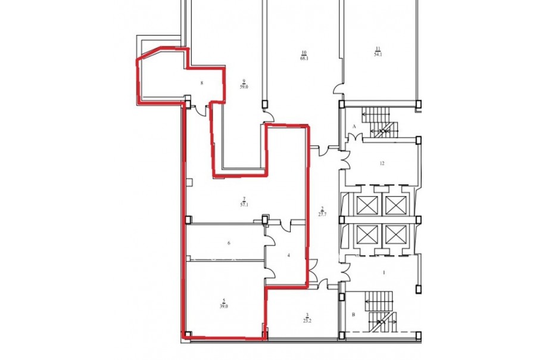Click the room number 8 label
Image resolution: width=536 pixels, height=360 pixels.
click(x=202, y=83)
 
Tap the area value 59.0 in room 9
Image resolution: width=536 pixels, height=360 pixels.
click(x=244, y=87)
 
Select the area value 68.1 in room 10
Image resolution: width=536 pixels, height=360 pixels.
click(x=304, y=58)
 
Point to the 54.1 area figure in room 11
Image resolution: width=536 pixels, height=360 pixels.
click(x=378, y=54)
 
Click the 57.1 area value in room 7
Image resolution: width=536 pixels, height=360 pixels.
click(x=244, y=204)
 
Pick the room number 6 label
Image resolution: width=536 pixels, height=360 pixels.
click(x=229, y=243)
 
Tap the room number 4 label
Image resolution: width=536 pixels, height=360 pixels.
click(x=289, y=255)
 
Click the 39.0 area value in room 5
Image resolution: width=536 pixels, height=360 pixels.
click(x=224, y=306)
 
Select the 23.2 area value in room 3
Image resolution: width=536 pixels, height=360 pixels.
click(x=307, y=321)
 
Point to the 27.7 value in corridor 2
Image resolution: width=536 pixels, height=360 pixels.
click(x=322, y=214)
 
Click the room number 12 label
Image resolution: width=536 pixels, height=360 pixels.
click(x=382, y=163)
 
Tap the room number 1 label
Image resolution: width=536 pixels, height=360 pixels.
click(x=384, y=273)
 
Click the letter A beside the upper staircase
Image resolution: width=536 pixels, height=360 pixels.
click(x=354, y=126)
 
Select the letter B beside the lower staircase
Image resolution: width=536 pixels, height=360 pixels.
click(x=353, y=314)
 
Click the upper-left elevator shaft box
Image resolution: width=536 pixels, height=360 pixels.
click(x=367, y=205)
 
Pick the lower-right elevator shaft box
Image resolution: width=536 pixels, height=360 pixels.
click(x=396, y=235)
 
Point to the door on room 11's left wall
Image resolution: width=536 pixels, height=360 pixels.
click(x=338, y=90)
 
